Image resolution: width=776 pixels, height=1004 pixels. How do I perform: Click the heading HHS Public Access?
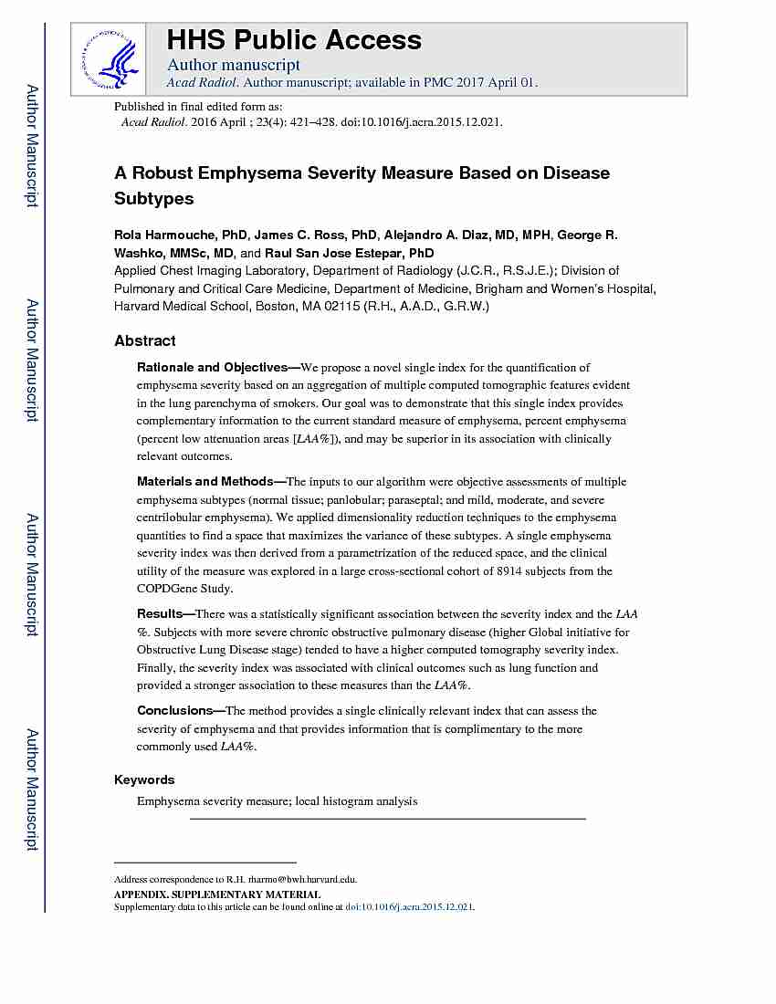(293, 40)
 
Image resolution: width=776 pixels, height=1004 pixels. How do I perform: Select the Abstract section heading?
(145, 340)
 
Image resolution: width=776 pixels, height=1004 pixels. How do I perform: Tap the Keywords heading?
(144, 779)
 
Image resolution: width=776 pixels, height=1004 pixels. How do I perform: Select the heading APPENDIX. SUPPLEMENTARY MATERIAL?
(217, 894)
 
